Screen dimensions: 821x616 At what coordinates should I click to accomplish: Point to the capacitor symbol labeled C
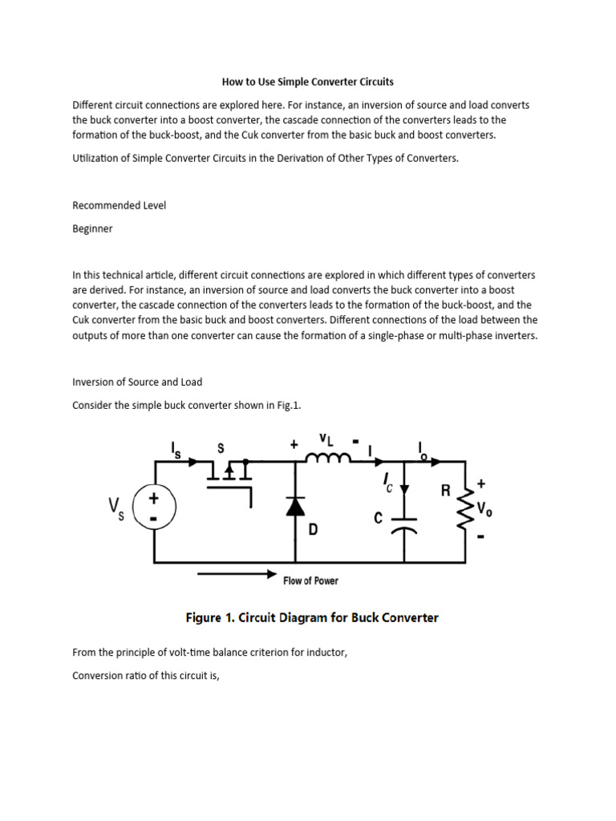[405, 523]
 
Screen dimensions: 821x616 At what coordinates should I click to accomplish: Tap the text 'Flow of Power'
[310, 580]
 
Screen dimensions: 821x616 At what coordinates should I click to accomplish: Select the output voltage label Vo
[485, 509]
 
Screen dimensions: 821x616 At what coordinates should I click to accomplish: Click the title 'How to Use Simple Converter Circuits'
[307, 82]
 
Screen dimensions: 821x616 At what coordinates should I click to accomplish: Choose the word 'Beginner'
[92, 229]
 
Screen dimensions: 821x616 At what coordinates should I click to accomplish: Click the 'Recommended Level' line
[120, 205]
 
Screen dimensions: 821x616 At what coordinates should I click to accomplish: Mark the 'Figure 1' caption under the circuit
[312, 617]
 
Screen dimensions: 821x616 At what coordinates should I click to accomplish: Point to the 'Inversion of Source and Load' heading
[137, 382]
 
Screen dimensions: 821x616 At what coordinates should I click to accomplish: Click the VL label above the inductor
[326, 439]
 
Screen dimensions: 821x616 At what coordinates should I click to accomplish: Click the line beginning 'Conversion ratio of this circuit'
[145, 675]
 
